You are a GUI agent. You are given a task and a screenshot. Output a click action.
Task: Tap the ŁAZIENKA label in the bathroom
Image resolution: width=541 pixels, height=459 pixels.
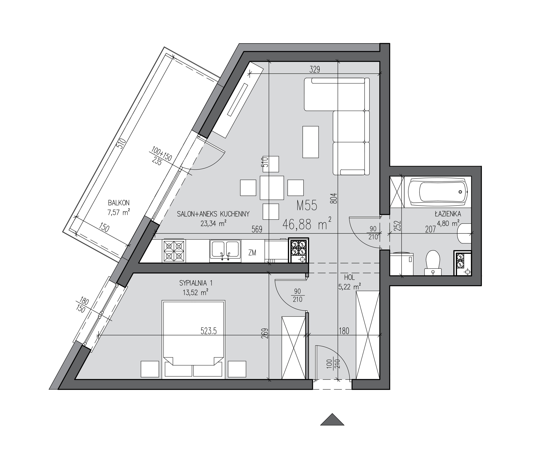(448, 214)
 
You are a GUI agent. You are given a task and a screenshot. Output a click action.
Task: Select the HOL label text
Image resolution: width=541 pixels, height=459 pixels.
(349, 278)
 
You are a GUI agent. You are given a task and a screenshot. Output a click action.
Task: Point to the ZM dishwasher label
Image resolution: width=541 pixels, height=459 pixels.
(252, 252)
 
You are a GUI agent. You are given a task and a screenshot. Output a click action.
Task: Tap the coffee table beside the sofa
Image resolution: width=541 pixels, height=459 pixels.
(310, 142)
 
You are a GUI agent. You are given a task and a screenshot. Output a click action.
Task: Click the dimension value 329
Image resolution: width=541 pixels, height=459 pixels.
(315, 70)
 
